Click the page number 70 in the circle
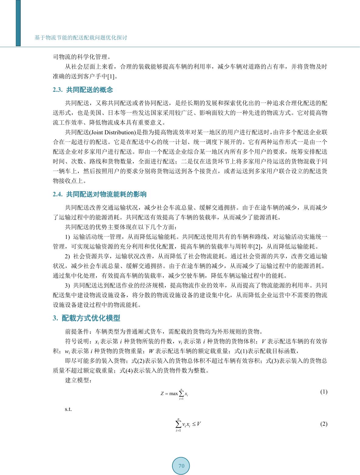coord(181,466)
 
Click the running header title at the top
coord(81,38)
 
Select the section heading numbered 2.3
coord(83,90)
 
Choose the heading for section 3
coord(87,318)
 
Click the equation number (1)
coord(324,392)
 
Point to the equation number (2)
coord(324,424)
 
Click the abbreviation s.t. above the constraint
coord(68,409)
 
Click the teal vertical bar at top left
coord(18,23)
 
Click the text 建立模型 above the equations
coord(78,380)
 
